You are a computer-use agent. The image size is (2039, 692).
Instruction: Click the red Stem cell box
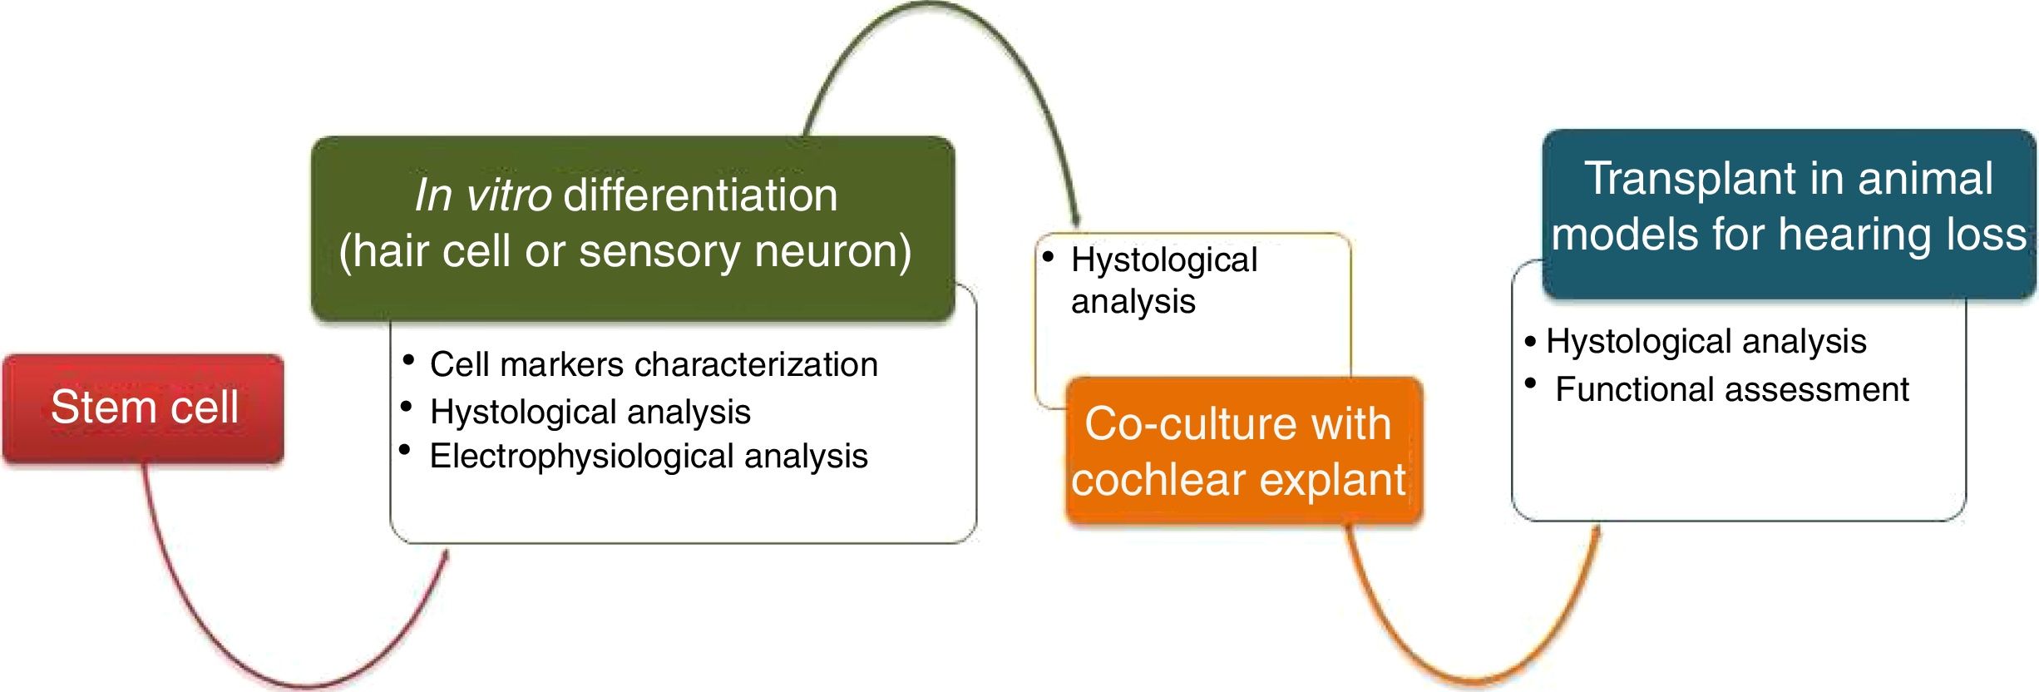(x=143, y=408)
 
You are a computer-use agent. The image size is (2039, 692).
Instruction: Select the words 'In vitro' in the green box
(x=482, y=196)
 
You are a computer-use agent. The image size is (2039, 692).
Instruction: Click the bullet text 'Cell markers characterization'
(x=654, y=364)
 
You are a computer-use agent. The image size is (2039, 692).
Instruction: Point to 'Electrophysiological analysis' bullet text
(x=649, y=456)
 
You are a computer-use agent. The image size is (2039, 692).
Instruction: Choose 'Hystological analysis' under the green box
(x=590, y=412)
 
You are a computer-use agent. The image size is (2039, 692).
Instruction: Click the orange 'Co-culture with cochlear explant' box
(x=1243, y=451)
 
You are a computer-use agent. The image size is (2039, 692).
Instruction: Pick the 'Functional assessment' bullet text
(x=1731, y=389)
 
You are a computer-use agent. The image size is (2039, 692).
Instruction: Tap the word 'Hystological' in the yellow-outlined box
(x=1164, y=260)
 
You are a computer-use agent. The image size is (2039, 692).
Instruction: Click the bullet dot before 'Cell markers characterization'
(x=408, y=360)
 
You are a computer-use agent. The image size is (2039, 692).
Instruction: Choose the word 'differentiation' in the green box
(x=700, y=196)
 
